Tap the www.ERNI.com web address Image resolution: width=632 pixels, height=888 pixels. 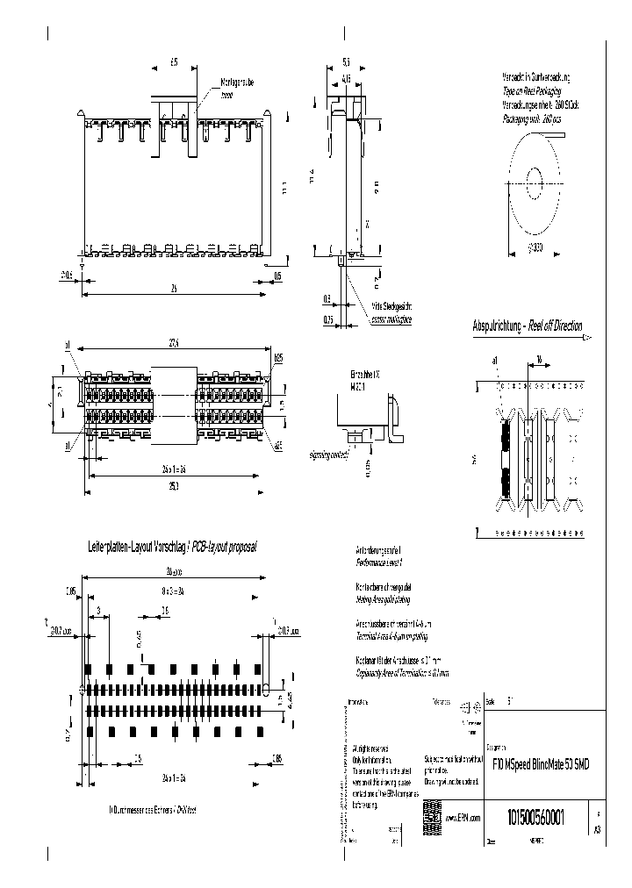click(462, 818)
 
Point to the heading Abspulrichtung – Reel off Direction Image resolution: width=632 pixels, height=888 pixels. click(528, 326)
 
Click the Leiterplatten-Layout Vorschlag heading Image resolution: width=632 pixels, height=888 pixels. click(181, 546)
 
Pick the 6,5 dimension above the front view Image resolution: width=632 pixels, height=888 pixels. click(173, 63)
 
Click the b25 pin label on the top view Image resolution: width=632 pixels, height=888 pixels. click(277, 358)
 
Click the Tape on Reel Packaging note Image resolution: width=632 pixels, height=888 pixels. click(531, 90)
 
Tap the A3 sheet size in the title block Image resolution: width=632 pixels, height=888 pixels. click(598, 829)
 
